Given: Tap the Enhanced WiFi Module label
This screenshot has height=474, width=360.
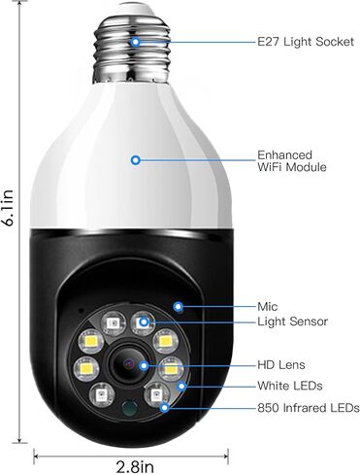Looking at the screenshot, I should click(x=291, y=161).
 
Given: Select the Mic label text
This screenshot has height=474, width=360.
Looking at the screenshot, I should click(x=268, y=306).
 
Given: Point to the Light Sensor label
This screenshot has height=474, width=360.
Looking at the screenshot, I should click(x=292, y=322).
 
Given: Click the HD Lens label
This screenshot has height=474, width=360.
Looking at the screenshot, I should click(x=281, y=365).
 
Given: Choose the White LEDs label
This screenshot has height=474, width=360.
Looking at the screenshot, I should click(x=290, y=386).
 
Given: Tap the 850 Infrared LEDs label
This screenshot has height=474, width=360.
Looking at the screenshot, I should click(x=308, y=407).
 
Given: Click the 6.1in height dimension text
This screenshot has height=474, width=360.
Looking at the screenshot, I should click(x=11, y=208).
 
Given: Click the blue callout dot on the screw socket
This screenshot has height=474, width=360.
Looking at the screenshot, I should click(x=135, y=42).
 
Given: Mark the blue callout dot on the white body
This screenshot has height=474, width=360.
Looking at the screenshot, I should click(x=136, y=159).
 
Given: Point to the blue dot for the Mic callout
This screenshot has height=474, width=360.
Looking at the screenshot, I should click(x=180, y=306).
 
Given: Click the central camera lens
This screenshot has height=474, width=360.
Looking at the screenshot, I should click(x=127, y=365).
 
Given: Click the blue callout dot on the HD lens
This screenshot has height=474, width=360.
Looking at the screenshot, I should click(x=144, y=365).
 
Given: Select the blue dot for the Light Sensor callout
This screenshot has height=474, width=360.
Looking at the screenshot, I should click(x=143, y=321).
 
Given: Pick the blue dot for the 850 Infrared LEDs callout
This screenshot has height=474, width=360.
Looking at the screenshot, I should click(x=164, y=407).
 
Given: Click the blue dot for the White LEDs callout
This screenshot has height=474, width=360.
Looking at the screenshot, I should click(x=180, y=386).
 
